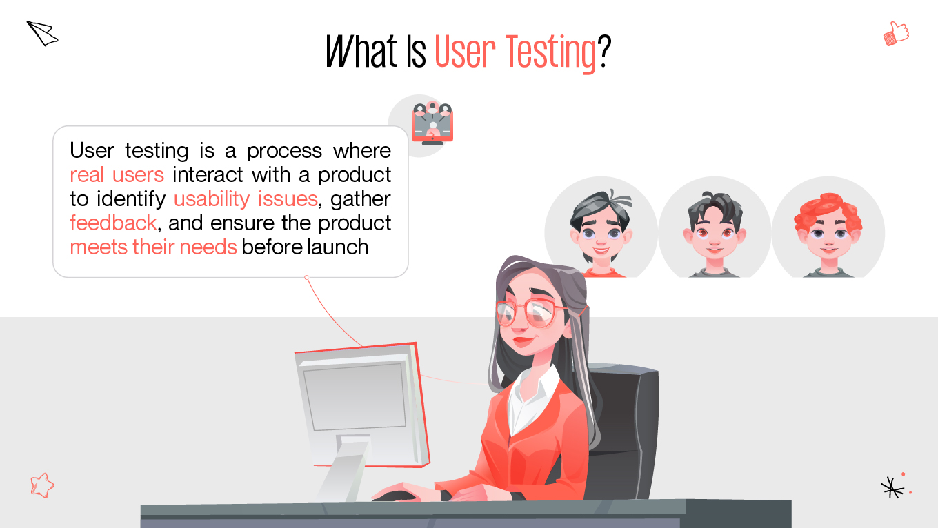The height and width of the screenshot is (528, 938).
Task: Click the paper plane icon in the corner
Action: tap(42, 33)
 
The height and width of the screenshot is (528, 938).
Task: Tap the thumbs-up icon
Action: tap(896, 33)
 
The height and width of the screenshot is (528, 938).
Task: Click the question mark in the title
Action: tap(604, 52)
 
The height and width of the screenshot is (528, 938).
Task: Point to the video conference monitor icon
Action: tap(432, 124)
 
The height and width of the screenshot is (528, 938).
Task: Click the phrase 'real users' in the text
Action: tap(117, 174)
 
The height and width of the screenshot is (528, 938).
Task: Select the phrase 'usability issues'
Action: tap(245, 199)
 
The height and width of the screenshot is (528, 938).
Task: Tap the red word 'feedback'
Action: tap(113, 223)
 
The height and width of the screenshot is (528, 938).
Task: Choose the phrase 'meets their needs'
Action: tap(153, 247)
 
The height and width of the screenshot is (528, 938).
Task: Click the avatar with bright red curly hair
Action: tap(828, 227)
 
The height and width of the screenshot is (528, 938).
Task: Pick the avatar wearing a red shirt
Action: tap(601, 227)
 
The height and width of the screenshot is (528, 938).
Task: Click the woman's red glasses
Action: tap(531, 313)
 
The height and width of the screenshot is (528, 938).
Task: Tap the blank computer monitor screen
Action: tap(355, 396)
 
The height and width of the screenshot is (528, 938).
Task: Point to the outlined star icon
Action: tap(42, 485)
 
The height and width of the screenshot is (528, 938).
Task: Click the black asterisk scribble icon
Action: tap(892, 487)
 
